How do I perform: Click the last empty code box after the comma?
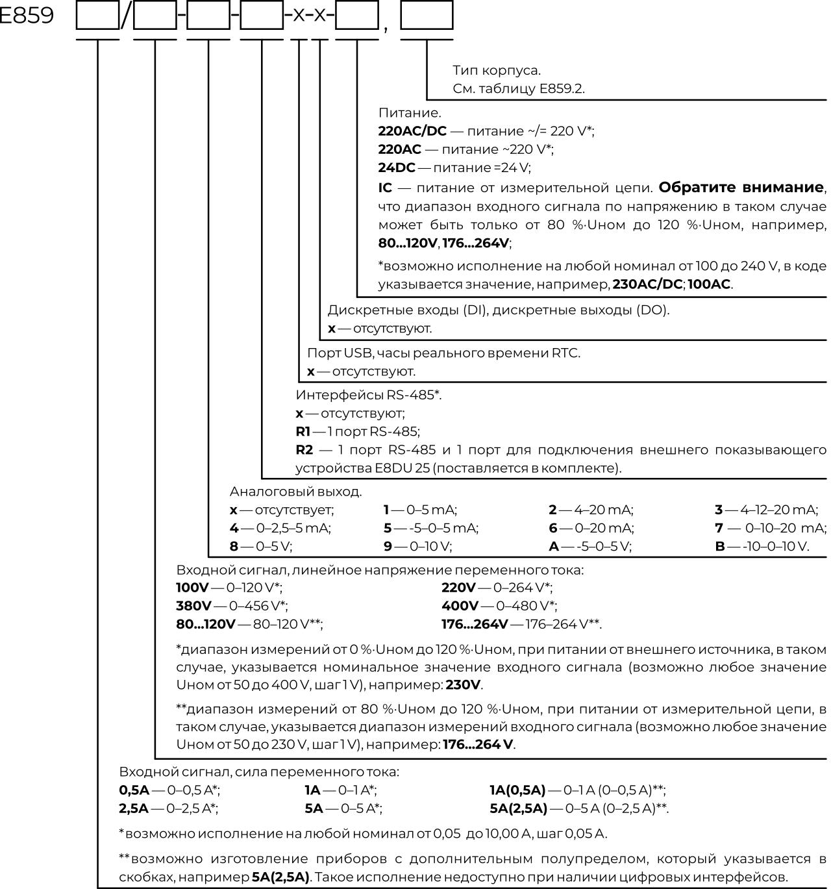click(427, 16)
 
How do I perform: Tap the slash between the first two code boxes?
click(126, 16)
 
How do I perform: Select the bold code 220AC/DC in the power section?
click(412, 131)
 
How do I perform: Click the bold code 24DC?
click(397, 168)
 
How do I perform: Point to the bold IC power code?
click(385, 188)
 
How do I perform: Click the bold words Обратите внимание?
click(741, 188)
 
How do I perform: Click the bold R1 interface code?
click(303, 432)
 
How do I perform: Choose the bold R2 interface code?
click(304, 450)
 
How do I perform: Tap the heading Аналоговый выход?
click(296, 492)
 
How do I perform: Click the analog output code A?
click(554, 547)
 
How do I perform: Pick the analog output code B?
click(720, 547)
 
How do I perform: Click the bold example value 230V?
click(464, 685)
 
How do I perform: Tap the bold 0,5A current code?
click(134, 790)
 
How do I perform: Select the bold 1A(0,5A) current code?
click(517, 790)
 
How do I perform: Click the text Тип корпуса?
click(496, 70)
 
